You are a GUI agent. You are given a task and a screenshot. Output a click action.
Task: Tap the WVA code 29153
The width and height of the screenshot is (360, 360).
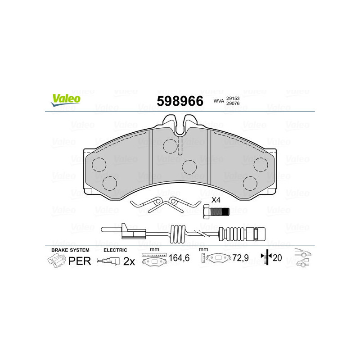[x=232, y=98]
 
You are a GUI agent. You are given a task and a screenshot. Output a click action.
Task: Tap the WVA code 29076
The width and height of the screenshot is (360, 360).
[x=232, y=104]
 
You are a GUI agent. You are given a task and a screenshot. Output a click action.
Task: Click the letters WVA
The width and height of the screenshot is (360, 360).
[x=218, y=101]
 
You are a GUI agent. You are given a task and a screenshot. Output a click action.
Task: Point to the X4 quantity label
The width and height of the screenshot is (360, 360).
[x=216, y=200]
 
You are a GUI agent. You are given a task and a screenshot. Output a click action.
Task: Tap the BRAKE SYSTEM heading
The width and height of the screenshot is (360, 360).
[x=70, y=250]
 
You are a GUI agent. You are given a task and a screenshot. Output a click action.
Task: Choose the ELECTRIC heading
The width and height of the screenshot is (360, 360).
[x=116, y=250]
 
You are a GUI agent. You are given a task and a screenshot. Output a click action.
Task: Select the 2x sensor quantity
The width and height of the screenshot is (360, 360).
[x=129, y=261]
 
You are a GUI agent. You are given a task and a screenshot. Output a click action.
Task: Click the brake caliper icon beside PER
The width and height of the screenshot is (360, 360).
[x=56, y=261]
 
